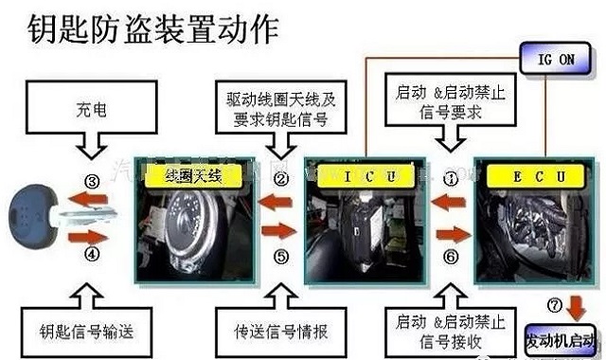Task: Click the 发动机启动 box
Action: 560,337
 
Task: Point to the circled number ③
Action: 91,181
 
